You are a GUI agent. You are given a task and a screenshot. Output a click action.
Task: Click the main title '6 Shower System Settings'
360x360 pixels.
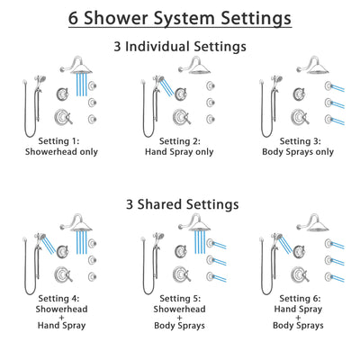[180, 17]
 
